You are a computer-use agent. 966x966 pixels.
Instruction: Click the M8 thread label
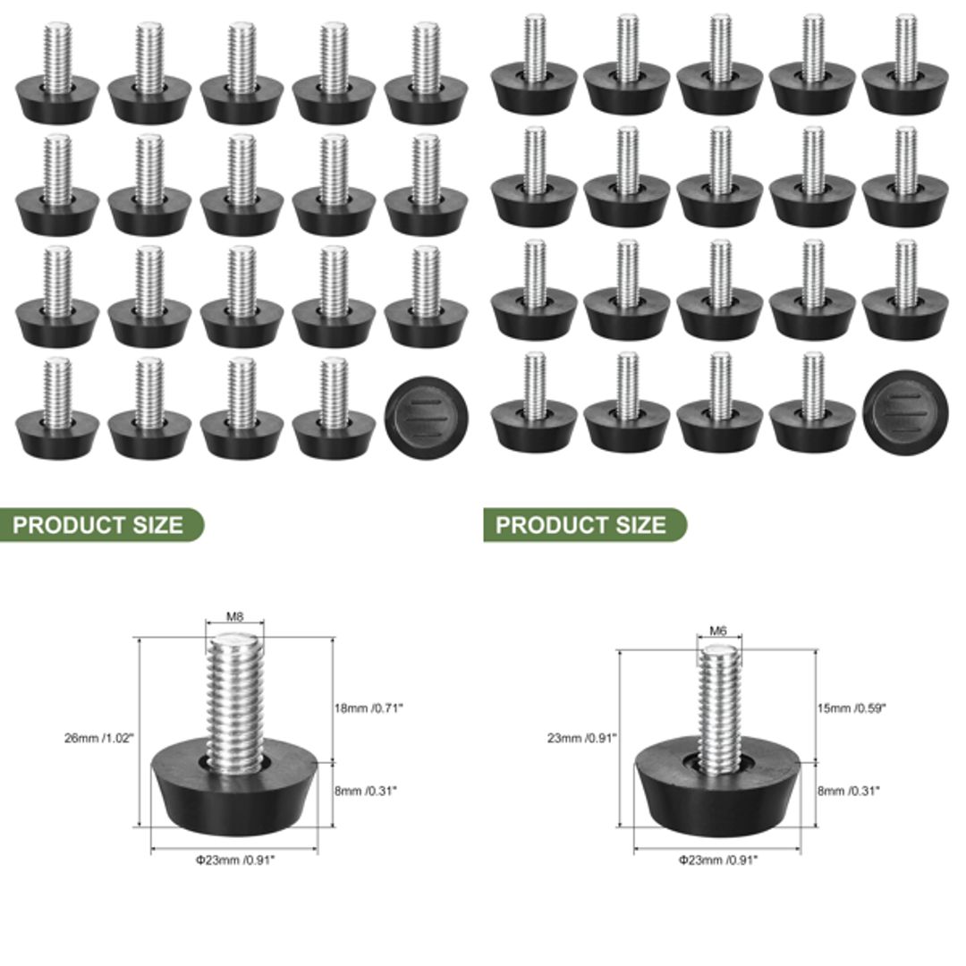(234, 615)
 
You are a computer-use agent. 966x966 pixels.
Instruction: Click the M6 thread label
(718, 631)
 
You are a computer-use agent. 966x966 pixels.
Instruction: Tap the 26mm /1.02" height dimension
(99, 737)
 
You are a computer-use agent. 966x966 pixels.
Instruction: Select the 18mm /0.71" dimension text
(369, 708)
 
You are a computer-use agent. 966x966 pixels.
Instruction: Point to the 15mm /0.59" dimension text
(852, 708)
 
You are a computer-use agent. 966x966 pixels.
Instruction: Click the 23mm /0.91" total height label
(582, 737)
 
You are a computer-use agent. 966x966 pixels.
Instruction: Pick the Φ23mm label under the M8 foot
(235, 860)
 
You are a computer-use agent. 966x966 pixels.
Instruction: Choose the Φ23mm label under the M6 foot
(718, 860)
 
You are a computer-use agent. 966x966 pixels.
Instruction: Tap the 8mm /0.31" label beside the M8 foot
(365, 791)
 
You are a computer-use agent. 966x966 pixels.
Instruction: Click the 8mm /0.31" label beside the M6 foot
(848, 791)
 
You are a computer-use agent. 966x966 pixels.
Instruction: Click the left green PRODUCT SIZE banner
(102, 525)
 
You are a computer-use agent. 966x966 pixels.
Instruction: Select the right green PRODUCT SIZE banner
(585, 525)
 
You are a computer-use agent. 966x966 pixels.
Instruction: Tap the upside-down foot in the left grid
(427, 418)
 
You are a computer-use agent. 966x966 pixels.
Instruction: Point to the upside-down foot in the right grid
(905, 412)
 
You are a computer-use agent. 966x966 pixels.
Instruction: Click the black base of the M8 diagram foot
(234, 789)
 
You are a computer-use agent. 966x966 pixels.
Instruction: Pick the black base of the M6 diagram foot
(717, 789)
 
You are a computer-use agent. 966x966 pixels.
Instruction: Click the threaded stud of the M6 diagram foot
(719, 708)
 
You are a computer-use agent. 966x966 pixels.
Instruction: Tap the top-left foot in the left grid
(57, 74)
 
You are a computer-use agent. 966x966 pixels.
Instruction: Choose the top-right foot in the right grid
(905, 64)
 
